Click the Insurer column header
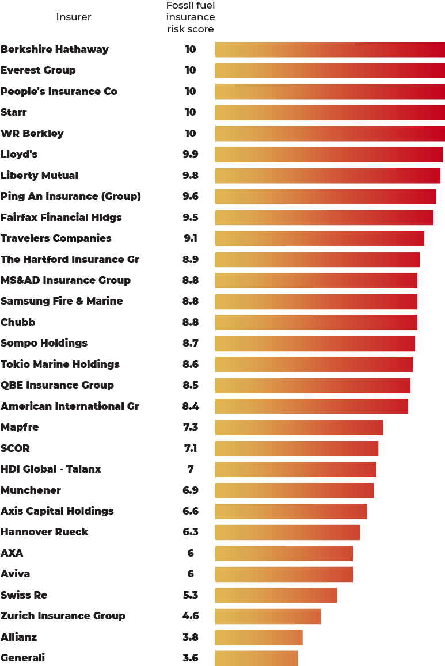pyautogui.click(x=74, y=17)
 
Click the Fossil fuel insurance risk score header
pyautogui.click(x=191, y=17)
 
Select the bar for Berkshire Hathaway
pyautogui.click(x=330, y=50)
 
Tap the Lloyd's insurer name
pyautogui.click(x=20, y=154)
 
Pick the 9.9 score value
pyautogui.click(x=191, y=154)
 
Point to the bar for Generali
pyautogui.click(x=257, y=658)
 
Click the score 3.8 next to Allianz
pyautogui.click(x=191, y=637)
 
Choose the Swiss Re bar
pyautogui.click(x=276, y=595)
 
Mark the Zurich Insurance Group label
pyautogui.click(x=63, y=616)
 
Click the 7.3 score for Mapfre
pyautogui.click(x=191, y=427)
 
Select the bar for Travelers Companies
pyautogui.click(x=320, y=238)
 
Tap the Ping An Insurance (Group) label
pyautogui.click(x=71, y=196)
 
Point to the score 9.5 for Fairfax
pyautogui.click(x=191, y=218)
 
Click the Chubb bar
pyautogui.click(x=316, y=322)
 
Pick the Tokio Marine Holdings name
pyautogui.click(x=60, y=364)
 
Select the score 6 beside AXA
pyautogui.click(x=191, y=553)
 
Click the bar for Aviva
pyautogui.click(x=284, y=574)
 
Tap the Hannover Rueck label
pyautogui.click(x=45, y=532)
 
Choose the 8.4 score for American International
pyautogui.click(x=191, y=406)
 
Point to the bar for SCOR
pyautogui.click(x=297, y=448)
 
